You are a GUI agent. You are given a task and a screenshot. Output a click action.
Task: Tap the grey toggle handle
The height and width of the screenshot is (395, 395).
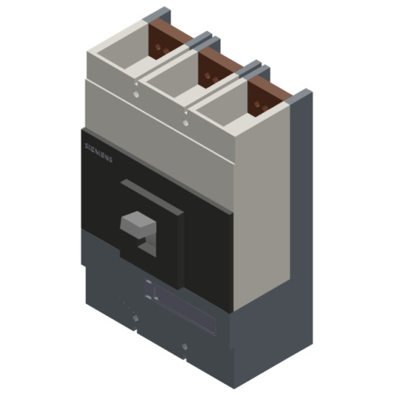133,227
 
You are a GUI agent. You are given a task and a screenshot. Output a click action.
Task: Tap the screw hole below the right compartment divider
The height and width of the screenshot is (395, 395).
185,122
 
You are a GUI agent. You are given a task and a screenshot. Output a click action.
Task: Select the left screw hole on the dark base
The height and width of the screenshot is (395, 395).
135,318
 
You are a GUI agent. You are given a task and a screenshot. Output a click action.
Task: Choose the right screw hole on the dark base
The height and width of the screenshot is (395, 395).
184,345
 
